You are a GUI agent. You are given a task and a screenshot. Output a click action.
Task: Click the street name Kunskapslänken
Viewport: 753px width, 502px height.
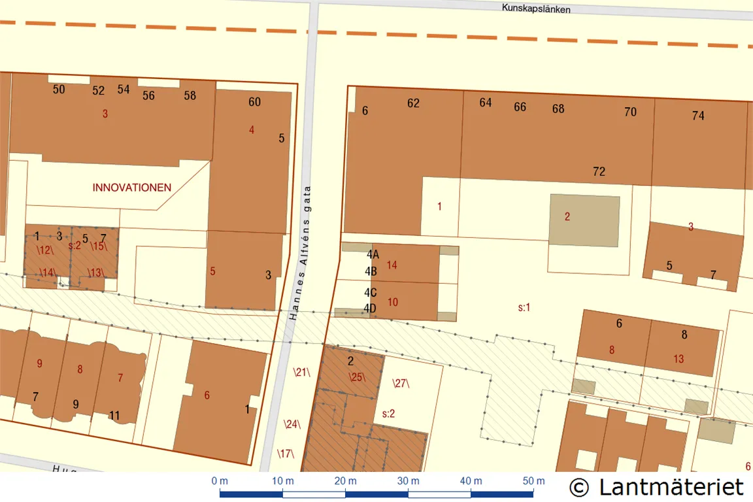[536, 9]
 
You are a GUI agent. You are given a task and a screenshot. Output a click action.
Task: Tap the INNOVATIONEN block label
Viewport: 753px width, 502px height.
[132, 188]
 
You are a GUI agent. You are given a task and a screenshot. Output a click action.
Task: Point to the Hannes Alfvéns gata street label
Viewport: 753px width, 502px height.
[300, 252]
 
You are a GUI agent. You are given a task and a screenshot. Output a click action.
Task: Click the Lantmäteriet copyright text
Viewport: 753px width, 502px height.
[656, 487]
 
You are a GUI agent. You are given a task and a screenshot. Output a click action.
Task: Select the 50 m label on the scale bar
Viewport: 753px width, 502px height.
[533, 481]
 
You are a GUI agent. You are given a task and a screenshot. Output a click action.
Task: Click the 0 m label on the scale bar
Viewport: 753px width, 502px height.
[220, 481]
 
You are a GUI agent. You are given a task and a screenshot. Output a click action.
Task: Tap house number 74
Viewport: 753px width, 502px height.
[698, 116]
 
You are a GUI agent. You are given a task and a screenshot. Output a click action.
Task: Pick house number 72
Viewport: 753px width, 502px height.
[599, 172]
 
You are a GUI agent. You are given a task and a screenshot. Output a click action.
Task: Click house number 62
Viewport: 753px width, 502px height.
[413, 103]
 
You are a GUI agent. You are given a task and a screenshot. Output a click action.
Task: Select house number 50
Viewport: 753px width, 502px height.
[59, 90]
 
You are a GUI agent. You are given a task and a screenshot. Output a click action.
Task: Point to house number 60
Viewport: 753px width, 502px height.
[254, 101]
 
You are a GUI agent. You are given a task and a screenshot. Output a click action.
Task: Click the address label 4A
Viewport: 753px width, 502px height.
[373, 255]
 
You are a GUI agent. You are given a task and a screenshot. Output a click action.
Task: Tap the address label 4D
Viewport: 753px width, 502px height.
[371, 309]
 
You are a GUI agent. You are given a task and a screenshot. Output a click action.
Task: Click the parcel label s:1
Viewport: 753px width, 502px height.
[524, 307]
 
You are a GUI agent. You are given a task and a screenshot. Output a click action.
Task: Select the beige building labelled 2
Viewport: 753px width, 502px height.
[584, 220]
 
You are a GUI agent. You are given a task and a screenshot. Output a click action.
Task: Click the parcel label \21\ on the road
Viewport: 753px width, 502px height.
[301, 373]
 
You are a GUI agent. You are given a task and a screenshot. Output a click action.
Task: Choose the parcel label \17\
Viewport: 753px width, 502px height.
[286, 453]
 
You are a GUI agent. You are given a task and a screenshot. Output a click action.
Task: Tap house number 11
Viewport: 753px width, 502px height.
[114, 416]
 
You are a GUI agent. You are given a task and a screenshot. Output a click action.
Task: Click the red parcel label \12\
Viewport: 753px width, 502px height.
[45, 250]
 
